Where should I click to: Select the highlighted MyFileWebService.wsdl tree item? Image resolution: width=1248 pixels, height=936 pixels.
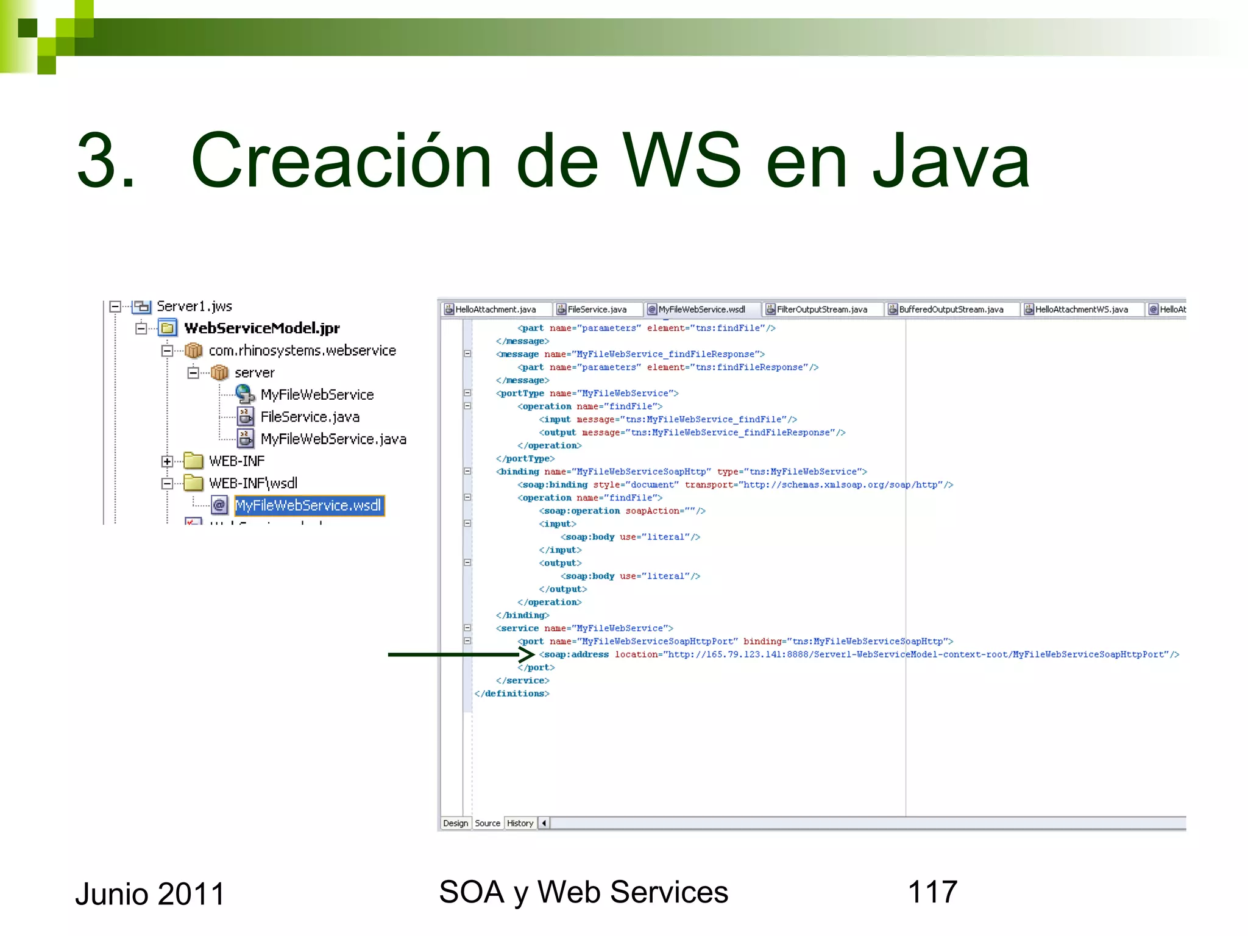coord(308,505)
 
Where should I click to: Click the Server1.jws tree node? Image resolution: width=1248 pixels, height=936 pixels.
coord(194,306)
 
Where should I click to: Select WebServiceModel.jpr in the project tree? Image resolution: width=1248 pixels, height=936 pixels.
coord(261,328)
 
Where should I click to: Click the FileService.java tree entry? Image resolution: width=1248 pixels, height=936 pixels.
coord(310,417)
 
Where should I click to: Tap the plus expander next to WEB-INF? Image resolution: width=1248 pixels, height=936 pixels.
coord(167,461)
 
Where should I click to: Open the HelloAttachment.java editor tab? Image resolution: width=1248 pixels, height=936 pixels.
coord(495,310)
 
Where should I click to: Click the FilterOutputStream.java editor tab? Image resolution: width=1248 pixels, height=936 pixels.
coord(821,310)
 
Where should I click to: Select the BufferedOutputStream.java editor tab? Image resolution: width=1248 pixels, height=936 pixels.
coord(951,310)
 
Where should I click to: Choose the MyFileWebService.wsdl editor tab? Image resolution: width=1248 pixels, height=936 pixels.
coord(701,310)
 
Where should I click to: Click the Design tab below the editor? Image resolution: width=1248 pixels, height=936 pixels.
coord(455,823)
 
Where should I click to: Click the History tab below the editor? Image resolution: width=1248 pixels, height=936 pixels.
coord(520,823)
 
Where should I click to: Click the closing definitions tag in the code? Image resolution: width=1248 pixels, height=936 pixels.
coord(512,693)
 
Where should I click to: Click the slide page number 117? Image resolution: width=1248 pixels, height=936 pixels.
coord(932,892)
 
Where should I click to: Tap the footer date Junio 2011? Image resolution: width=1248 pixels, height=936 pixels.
coord(150,894)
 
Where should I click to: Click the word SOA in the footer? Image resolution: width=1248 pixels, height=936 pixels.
coord(471,892)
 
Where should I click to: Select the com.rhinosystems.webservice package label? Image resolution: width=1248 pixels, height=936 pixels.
coord(302,350)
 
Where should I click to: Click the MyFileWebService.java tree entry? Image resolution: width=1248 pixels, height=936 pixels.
coord(333,439)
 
